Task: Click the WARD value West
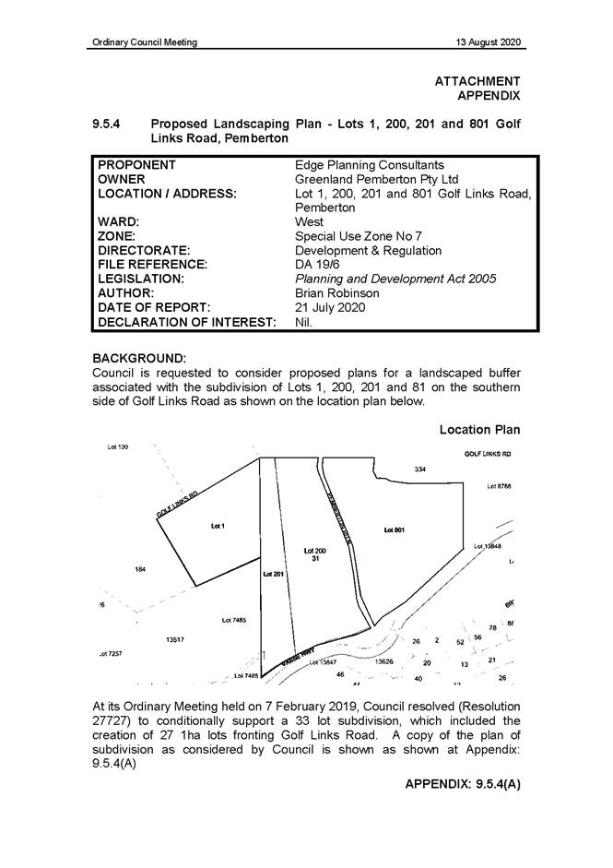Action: (x=309, y=222)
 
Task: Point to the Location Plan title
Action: (x=479, y=430)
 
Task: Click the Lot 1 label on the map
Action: (x=218, y=526)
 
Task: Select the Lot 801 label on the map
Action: (x=394, y=530)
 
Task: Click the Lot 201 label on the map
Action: (x=273, y=574)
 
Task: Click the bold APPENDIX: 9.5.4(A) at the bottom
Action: (x=462, y=784)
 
